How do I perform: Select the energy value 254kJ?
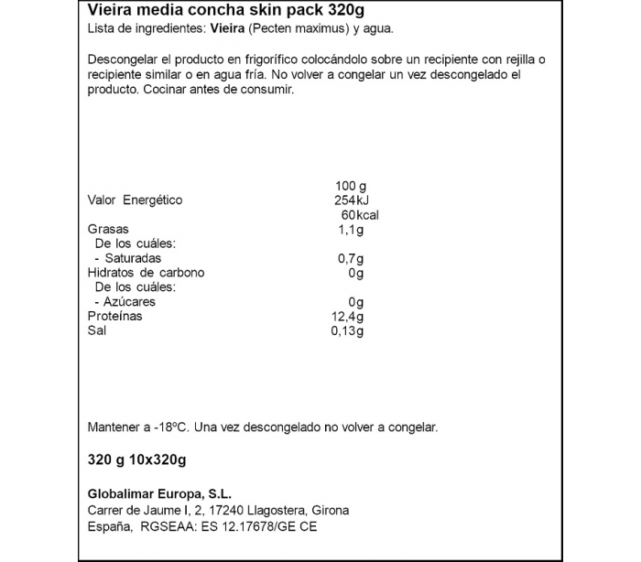point(350,200)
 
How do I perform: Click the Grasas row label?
point(108,229)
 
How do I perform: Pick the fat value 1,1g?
point(351,229)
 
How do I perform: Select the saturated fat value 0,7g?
point(351,258)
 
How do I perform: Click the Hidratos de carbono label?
point(146,273)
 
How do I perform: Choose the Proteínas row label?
point(114,316)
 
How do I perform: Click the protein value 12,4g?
point(348,316)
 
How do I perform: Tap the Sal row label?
point(97,330)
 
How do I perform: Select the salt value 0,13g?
point(347,330)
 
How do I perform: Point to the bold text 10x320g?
point(156,459)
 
